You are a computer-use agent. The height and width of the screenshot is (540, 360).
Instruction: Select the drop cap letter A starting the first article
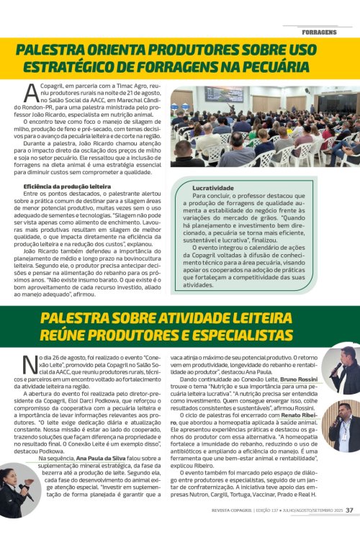click(x=31, y=92)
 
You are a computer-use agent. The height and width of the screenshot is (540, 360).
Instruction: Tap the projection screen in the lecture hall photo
click(x=224, y=94)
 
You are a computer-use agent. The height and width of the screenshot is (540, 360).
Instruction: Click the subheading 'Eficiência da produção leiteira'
click(x=67, y=186)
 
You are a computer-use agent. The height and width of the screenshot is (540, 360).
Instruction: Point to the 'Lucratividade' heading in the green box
click(x=212, y=187)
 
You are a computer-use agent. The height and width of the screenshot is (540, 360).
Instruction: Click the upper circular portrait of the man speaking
click(x=342, y=369)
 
